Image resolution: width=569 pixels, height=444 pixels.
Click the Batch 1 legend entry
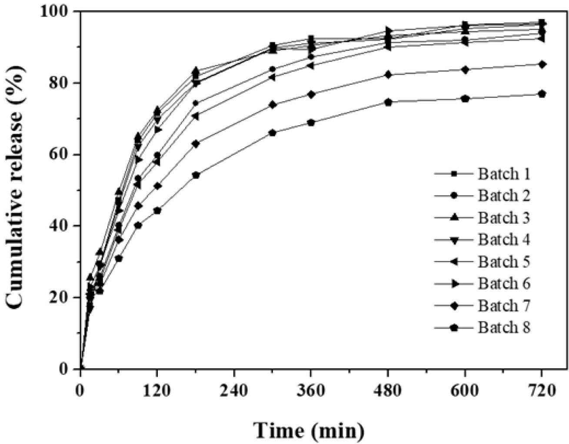[x=503, y=174]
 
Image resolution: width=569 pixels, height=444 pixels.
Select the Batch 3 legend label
[x=503, y=217]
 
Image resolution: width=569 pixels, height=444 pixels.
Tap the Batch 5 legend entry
[x=503, y=262]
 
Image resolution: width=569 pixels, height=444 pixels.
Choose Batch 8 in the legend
[x=503, y=327]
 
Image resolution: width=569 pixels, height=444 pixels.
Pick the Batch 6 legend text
[x=503, y=283]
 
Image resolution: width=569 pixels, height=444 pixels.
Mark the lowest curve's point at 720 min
[x=542, y=94]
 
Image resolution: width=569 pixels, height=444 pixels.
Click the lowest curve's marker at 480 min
[x=388, y=102]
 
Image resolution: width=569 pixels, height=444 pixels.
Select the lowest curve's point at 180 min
[x=196, y=175]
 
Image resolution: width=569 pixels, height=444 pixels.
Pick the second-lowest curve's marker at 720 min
[x=542, y=64]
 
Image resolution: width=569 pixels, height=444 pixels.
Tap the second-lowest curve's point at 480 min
[x=388, y=75]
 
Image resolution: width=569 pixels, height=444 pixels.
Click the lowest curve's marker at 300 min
[x=273, y=133]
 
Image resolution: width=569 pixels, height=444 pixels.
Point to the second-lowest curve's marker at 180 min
[x=196, y=144]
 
